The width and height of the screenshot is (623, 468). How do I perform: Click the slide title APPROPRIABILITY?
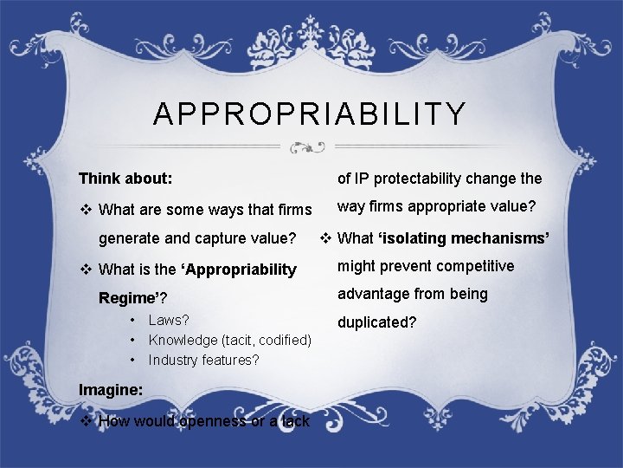310,114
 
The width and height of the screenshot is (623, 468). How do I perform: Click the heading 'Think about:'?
125,179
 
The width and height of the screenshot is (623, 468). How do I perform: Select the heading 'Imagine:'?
111,390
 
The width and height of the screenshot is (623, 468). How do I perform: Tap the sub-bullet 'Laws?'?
169,321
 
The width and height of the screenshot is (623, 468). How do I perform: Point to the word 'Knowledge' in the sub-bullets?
183,340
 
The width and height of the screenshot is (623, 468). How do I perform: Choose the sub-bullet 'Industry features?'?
203,360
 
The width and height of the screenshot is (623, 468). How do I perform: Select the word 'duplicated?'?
377,322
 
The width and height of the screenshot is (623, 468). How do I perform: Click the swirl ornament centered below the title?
309,146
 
